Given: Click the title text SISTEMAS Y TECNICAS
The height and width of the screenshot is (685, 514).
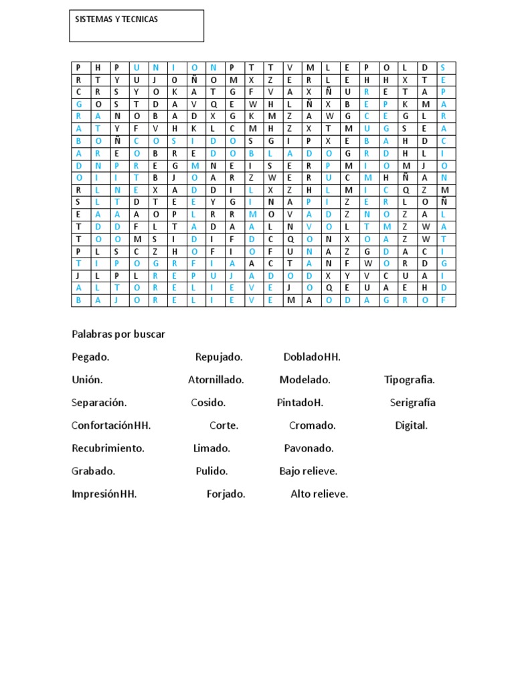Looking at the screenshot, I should pyautogui.click(x=116, y=20).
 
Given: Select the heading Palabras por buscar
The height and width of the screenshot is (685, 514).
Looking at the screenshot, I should pyautogui.click(x=118, y=334).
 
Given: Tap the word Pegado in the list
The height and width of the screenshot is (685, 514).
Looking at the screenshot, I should pyautogui.click(x=90, y=357).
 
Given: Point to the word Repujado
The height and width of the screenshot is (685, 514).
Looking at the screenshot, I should pyautogui.click(x=219, y=357).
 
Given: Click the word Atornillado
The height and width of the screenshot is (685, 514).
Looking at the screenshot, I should pyautogui.click(x=216, y=380).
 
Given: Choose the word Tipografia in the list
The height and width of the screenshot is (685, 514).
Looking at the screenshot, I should pyautogui.click(x=410, y=380).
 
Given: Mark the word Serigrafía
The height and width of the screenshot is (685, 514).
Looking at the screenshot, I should pyautogui.click(x=412, y=403).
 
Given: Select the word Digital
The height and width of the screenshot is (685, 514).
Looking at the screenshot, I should pyautogui.click(x=411, y=425).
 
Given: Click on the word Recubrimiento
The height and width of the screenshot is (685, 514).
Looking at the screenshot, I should pyautogui.click(x=108, y=448).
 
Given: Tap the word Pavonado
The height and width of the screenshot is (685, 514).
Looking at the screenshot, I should pyautogui.click(x=309, y=448).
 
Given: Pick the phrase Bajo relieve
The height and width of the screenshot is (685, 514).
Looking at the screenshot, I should pyautogui.click(x=308, y=471).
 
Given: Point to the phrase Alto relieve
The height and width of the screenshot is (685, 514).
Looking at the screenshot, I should pyautogui.click(x=319, y=494).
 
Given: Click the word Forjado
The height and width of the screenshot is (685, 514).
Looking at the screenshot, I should pyautogui.click(x=226, y=494).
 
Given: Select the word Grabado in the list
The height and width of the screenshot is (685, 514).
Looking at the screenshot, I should pyautogui.click(x=93, y=471).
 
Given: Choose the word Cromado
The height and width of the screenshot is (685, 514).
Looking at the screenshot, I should pyautogui.click(x=313, y=425).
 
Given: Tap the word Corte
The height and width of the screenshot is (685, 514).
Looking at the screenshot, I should pyautogui.click(x=224, y=425).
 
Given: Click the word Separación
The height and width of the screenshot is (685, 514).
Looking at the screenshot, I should pyautogui.click(x=99, y=403).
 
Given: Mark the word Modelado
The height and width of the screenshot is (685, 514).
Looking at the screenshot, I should pyautogui.click(x=305, y=380).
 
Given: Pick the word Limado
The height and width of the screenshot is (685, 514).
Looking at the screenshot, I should pyautogui.click(x=211, y=448).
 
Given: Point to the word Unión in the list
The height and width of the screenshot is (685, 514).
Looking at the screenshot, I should pyautogui.click(x=87, y=380).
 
